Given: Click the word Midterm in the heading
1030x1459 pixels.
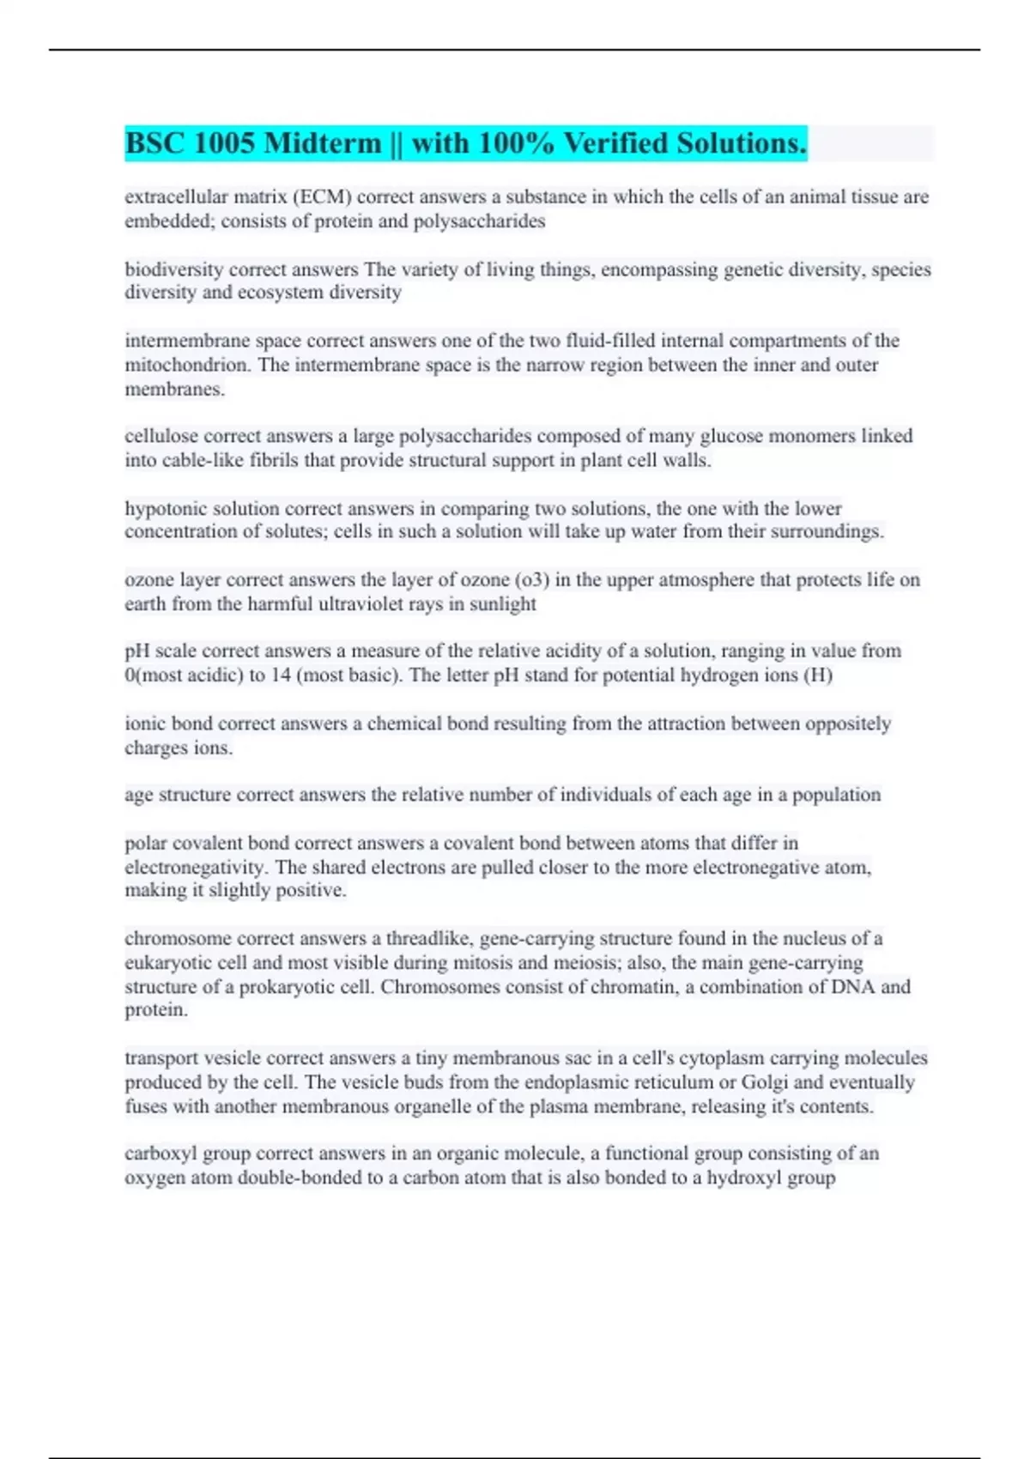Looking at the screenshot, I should [323, 143].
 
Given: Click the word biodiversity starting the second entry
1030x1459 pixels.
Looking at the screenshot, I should [174, 269].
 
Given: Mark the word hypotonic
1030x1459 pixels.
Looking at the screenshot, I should [164, 508].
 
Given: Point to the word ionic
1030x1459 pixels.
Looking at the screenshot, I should [144, 723].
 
